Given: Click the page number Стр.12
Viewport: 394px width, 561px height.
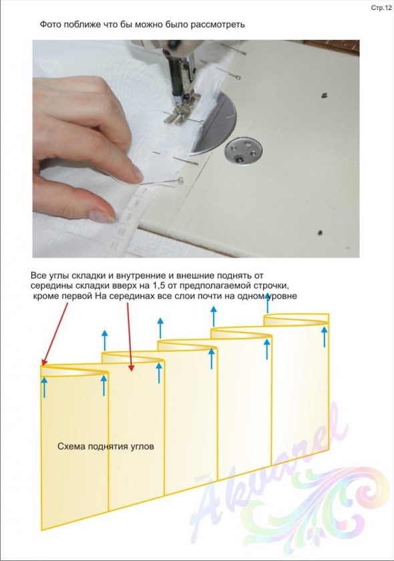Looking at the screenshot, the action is click(x=381, y=8).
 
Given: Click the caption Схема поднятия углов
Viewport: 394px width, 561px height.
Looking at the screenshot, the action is click(x=106, y=447).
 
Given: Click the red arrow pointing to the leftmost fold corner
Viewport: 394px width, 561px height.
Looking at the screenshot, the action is click(x=55, y=332).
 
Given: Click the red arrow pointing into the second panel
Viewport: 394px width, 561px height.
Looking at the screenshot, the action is click(x=130, y=335).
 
